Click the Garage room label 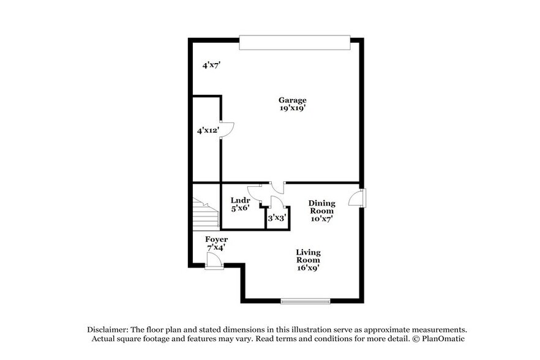tap(292, 100)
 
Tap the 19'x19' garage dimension tap(292, 108)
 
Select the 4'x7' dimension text tap(211, 64)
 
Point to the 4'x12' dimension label tap(208, 130)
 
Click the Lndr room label tap(239, 200)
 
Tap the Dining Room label tap(321, 207)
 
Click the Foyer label tap(216, 239)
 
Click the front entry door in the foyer tap(214, 261)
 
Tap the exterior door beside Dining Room tap(358, 198)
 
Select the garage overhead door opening tap(294, 42)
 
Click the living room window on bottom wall tap(305, 301)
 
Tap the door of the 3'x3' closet tap(276, 203)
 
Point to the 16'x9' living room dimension tap(308, 268)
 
